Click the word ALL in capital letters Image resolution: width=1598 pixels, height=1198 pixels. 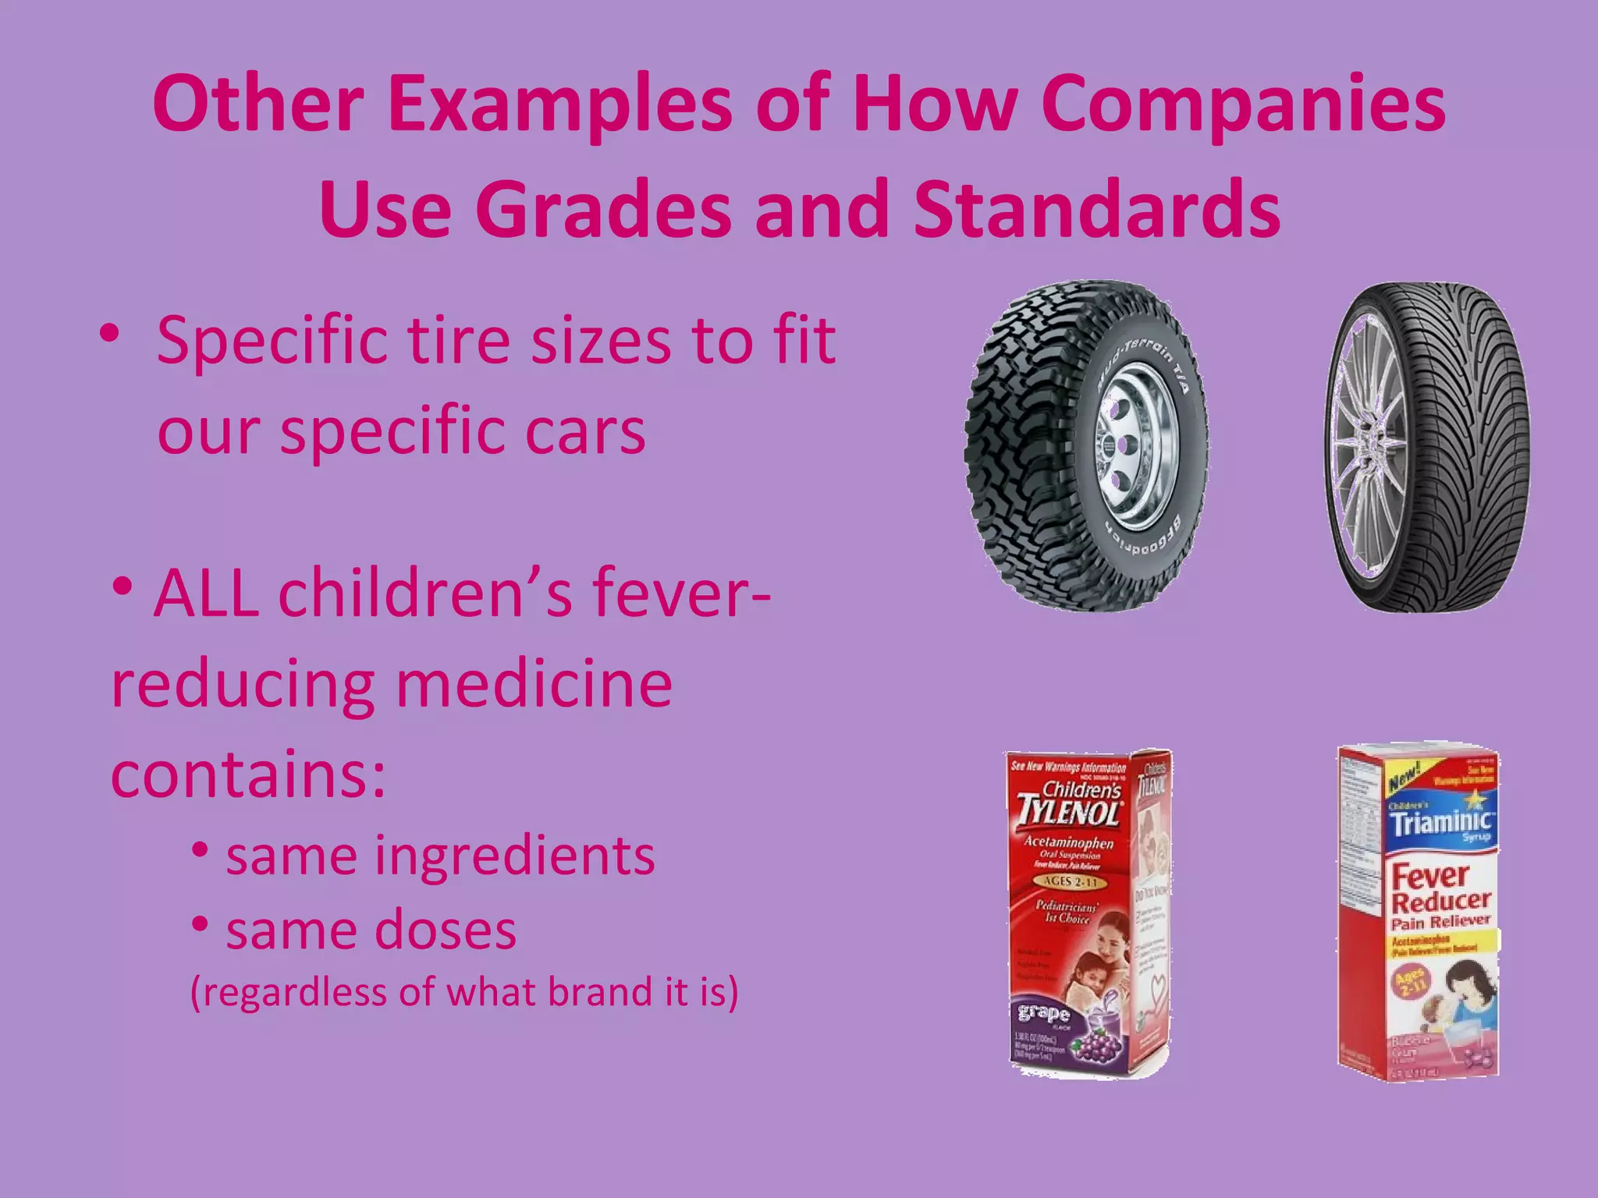coord(206,594)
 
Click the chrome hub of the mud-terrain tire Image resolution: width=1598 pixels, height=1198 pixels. coord(1124,445)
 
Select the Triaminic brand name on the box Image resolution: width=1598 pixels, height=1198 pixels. coord(1440,821)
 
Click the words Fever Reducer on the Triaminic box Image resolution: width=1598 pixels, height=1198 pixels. coord(1440,889)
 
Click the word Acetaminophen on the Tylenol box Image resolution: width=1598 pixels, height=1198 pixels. coord(1068,843)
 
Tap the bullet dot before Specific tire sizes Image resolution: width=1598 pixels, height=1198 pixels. coord(109,335)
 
